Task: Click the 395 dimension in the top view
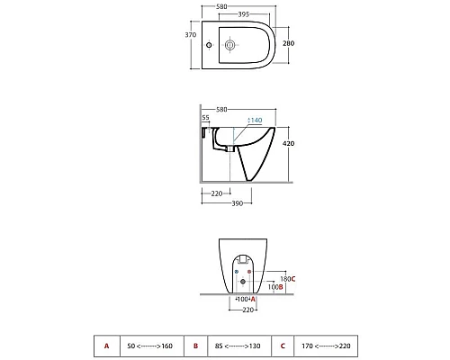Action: [x=244, y=14]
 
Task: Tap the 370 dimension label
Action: [x=191, y=35]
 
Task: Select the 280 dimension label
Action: [x=288, y=43]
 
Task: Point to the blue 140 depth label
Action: [x=255, y=120]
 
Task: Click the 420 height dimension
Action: [x=288, y=143]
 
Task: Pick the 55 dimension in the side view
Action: [x=205, y=117]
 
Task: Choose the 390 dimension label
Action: [x=237, y=203]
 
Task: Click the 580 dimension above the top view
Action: [x=221, y=6]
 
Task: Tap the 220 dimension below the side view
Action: [x=217, y=193]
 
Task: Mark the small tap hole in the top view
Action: [x=209, y=45]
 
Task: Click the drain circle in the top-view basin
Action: [x=229, y=45]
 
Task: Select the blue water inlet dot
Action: [x=237, y=272]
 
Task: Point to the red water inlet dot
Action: [x=249, y=272]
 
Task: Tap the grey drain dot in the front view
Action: [x=243, y=282]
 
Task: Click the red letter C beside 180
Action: [x=293, y=279]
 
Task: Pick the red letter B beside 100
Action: [x=281, y=287]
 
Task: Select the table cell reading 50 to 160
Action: [x=152, y=346]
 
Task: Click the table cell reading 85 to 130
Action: [x=239, y=346]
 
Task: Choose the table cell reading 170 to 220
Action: [x=326, y=346]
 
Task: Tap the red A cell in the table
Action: [x=107, y=346]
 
